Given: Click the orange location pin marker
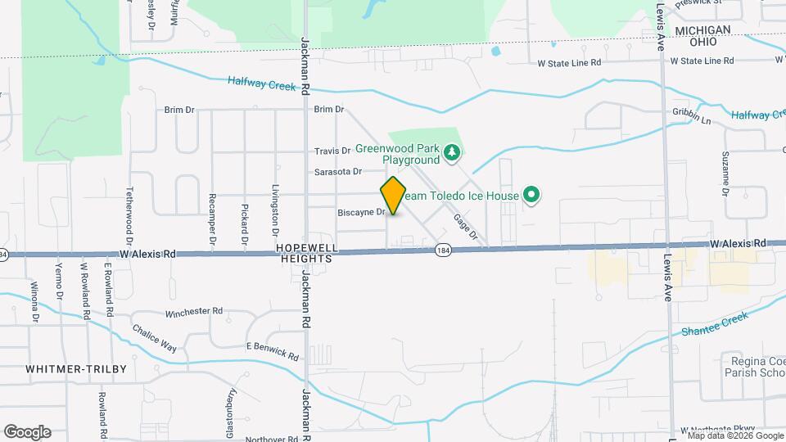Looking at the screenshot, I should [393, 195].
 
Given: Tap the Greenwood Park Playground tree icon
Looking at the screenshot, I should [450, 151].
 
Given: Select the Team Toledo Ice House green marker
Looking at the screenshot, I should [531, 195].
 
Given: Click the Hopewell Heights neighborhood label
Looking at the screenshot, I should [305, 252].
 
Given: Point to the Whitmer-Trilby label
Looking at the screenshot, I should [76, 369].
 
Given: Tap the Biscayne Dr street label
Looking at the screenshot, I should [361, 212].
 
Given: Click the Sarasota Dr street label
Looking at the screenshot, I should [338, 171].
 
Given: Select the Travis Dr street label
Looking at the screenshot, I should [332, 151].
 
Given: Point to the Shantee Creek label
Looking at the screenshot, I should [715, 324].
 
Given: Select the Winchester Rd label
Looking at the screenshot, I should [194, 311].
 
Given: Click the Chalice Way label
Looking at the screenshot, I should [155, 337].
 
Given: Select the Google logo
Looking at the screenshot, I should [27, 431].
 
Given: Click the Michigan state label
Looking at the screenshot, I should [702, 29].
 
